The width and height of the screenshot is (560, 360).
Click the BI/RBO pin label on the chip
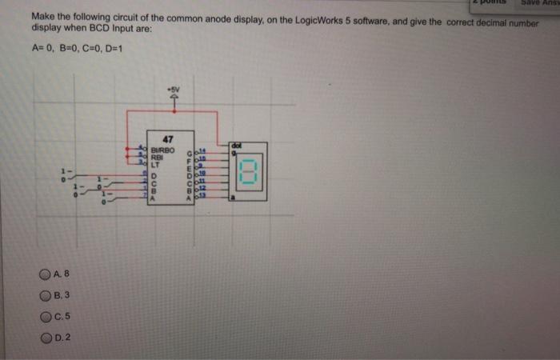coord(162,149)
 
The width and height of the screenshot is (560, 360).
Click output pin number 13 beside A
coord(202,196)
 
